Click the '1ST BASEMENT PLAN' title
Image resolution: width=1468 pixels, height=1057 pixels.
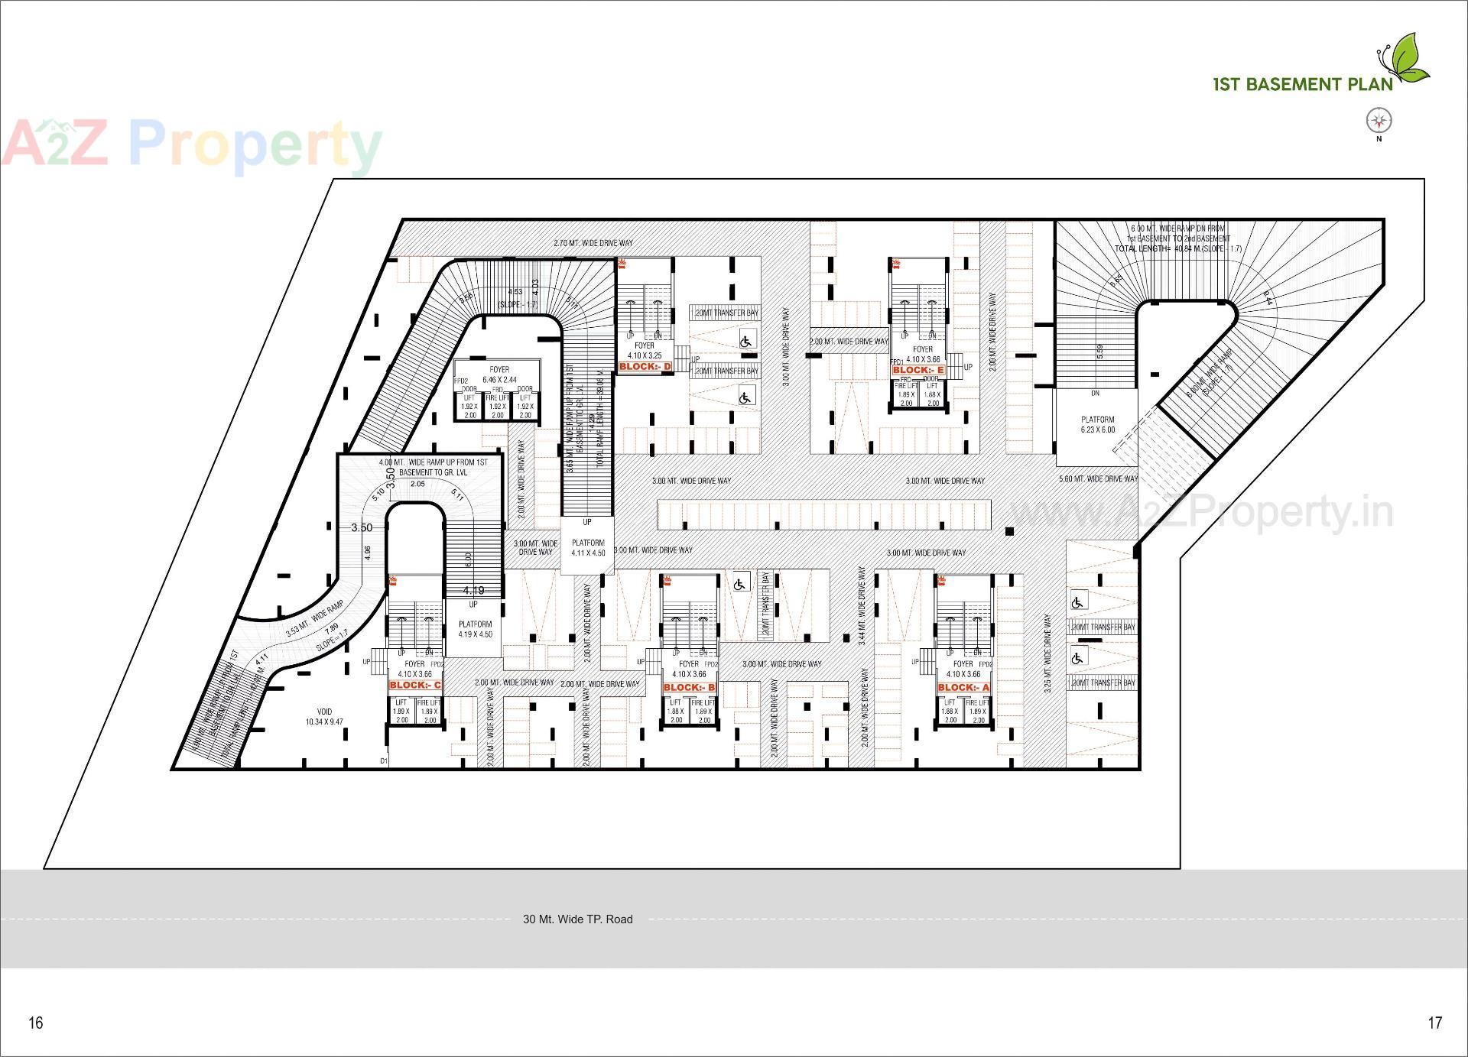[1303, 84]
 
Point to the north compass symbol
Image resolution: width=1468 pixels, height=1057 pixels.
[1379, 121]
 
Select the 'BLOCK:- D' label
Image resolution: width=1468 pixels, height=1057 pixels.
[645, 367]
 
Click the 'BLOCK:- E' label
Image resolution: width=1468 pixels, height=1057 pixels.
[918, 370]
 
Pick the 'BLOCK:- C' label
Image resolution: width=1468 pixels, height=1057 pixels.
[415, 686]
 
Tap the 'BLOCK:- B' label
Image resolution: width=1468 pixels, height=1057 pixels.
[689, 688]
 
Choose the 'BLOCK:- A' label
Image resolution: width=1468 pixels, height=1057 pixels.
[963, 688]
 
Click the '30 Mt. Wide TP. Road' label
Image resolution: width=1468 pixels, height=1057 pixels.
[577, 919]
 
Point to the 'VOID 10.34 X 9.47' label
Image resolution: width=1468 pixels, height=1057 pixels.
[324, 717]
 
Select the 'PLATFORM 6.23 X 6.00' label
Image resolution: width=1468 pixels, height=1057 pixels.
[1097, 425]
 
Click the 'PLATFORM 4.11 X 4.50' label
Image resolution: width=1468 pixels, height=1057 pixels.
[588, 548]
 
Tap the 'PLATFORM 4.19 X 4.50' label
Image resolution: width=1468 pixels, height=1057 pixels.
[475, 629]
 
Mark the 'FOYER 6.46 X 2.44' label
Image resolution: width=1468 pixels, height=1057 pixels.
[499, 374]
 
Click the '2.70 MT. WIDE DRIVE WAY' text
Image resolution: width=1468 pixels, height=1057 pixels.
[593, 243]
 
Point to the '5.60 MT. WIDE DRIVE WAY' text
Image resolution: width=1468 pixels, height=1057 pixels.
[1098, 479]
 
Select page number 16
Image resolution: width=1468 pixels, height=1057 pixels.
[36, 1023]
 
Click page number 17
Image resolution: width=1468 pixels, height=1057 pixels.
[1434, 1023]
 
